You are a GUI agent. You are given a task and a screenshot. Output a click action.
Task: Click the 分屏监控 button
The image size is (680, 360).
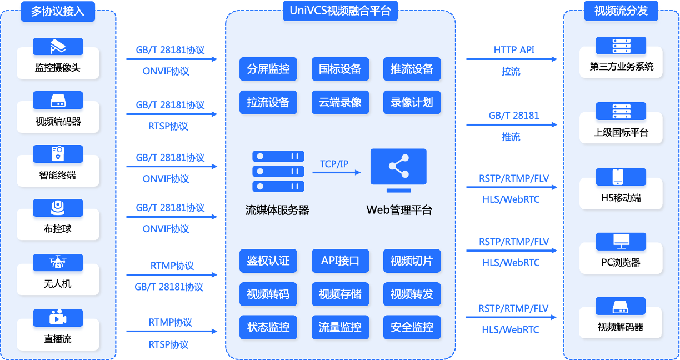tap(268, 69)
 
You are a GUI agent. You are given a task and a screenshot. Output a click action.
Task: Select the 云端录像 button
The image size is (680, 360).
tap(340, 102)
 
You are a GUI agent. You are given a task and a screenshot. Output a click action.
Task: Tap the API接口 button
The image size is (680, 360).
tap(340, 261)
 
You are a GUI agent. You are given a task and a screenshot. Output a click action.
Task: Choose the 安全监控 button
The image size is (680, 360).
tap(412, 327)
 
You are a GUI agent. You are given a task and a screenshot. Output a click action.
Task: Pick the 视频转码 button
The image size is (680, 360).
tap(268, 294)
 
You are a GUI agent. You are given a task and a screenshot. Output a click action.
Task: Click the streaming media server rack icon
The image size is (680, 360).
tap(278, 171)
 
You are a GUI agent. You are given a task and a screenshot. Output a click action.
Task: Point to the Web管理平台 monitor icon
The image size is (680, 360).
tap(398, 171)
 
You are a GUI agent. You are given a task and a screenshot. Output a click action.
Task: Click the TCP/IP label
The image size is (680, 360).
tap(334, 164)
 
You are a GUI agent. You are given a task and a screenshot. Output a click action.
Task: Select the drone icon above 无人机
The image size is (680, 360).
tap(58, 262)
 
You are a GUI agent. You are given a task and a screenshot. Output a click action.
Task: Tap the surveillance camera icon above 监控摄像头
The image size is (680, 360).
tap(58, 46)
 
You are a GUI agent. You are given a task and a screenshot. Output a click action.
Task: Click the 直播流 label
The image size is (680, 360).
tap(57, 339)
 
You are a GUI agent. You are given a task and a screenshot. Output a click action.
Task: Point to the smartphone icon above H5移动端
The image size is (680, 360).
tap(618, 177)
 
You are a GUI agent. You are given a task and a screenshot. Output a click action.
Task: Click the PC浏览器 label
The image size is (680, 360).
tap(621, 262)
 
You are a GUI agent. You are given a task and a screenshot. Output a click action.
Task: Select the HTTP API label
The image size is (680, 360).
tap(514, 50)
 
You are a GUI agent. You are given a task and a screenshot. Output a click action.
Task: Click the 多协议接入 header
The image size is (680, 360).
tap(58, 11)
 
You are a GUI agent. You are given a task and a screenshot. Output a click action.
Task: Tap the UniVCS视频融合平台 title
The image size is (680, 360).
tap(340, 11)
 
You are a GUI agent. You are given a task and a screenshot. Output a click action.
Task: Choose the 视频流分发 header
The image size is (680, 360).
tap(621, 11)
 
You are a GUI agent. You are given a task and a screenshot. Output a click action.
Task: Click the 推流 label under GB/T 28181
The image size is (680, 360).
tap(511, 137)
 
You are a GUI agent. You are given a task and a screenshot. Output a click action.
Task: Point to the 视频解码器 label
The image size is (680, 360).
tap(621, 327)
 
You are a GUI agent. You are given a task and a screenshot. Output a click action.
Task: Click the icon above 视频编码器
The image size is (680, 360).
tap(58, 100)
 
